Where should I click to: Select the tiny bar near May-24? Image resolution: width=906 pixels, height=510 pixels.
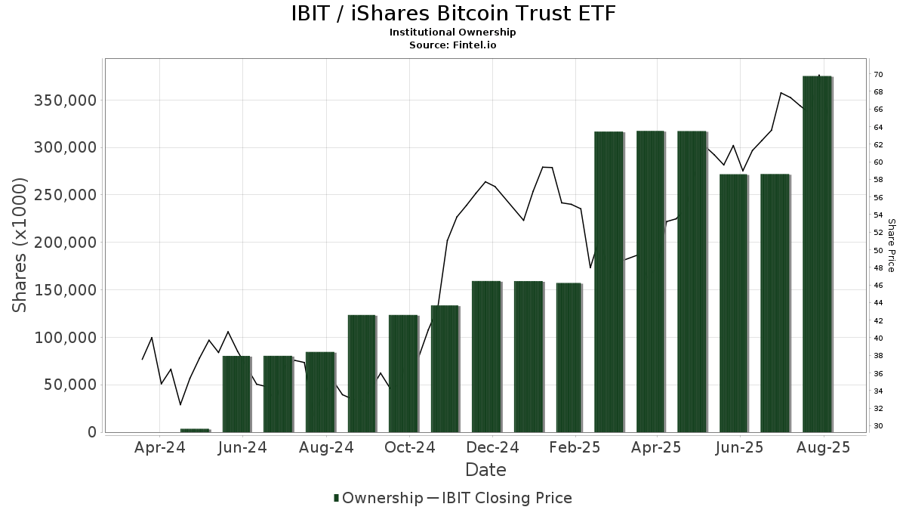coord(195,430)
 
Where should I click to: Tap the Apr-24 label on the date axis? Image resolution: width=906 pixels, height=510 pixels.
coord(160,448)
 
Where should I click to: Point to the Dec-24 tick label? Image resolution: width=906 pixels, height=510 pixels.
coord(492,448)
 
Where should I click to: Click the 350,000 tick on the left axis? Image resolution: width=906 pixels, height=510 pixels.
coord(65,100)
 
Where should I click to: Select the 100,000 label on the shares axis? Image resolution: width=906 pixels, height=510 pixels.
coord(65,338)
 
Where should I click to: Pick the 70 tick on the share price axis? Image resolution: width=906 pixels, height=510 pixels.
coord(878,74)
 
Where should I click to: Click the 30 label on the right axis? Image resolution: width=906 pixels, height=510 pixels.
coord(878,426)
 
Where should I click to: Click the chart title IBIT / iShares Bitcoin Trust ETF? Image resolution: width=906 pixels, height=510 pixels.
coord(453,14)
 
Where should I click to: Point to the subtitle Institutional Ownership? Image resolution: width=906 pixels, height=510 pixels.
coord(453,32)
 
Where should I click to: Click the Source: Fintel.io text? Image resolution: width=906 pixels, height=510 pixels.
coord(453,45)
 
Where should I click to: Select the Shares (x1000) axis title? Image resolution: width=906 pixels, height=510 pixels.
coord(20,245)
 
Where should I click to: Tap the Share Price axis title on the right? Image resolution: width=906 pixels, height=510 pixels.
coord(891,245)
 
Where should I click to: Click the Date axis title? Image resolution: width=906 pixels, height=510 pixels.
coord(485,470)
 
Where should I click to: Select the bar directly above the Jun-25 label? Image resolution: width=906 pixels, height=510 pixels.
coord(733,302)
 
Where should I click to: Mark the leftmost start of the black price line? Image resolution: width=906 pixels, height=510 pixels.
coord(142,360)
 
